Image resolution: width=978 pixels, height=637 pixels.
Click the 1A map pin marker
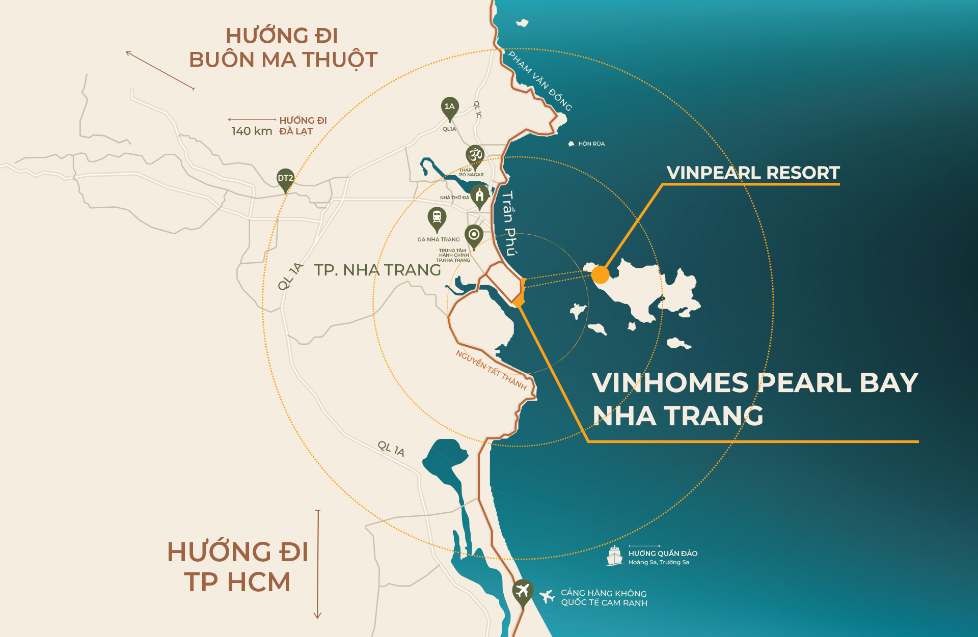coord(449,107)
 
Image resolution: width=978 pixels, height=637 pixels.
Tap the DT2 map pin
coord(285,179)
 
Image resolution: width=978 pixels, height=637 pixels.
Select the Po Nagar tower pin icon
coord(475,155)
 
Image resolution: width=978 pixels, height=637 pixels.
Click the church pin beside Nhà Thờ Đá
coord(479,196)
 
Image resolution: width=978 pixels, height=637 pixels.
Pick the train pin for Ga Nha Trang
coord(437,218)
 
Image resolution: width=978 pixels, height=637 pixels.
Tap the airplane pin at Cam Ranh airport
coord(522,592)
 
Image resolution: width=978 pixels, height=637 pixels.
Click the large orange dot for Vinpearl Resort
coord(601,275)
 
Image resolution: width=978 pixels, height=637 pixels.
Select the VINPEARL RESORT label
coord(753,173)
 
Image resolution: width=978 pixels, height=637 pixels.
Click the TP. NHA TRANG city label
coord(377,270)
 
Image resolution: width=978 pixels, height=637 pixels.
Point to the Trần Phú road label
coord(508,223)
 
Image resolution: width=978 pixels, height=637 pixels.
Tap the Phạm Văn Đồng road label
coord(540,81)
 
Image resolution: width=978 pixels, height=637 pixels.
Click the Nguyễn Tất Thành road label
coord(491,370)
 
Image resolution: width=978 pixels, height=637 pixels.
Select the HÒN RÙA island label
coord(591,144)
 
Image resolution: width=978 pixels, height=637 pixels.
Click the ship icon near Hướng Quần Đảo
coord(615,556)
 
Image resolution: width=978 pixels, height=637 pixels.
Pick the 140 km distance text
coord(252,131)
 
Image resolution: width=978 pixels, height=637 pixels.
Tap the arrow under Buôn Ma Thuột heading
coord(160,70)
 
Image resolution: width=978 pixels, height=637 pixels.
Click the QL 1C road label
coord(477,109)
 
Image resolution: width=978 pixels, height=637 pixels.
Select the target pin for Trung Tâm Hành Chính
coord(474,235)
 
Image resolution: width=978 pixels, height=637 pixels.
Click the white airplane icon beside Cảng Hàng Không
coord(547,596)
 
